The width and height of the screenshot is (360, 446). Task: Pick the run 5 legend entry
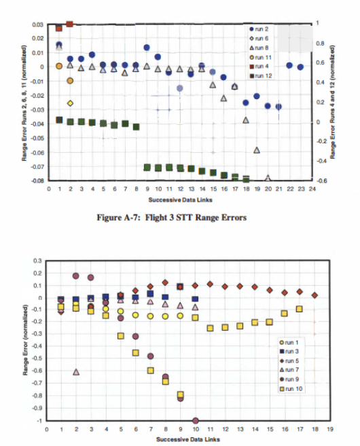(x=293, y=360)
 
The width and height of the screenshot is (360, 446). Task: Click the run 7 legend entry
(x=293, y=369)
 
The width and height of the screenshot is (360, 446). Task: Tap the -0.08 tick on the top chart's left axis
(x=37, y=181)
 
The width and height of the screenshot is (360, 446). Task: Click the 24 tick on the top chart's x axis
(x=312, y=189)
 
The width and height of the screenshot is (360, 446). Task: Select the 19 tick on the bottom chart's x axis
(x=329, y=430)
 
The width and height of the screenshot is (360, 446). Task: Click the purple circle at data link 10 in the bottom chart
(x=196, y=421)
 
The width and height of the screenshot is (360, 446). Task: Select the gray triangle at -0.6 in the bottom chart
(x=76, y=372)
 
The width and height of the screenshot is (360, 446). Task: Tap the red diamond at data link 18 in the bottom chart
(x=314, y=295)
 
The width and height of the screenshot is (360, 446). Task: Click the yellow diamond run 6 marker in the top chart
(x=70, y=103)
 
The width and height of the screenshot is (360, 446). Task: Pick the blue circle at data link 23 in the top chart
(x=300, y=67)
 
